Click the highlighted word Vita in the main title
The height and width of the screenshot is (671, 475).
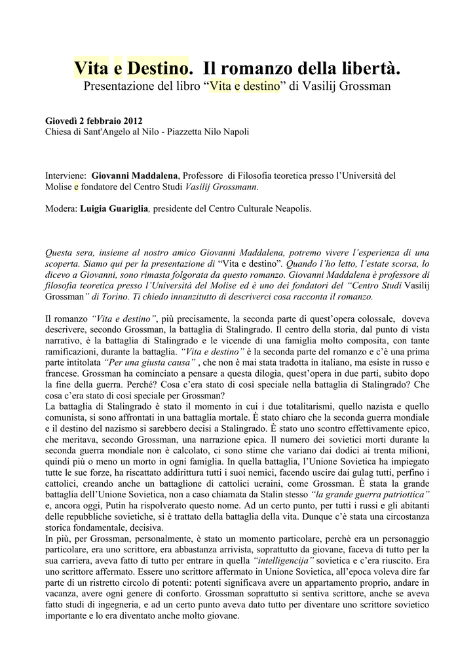(x=91, y=67)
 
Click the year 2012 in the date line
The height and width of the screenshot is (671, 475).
(x=130, y=121)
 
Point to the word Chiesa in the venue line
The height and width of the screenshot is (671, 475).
(x=59, y=132)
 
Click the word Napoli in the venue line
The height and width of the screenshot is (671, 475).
(x=235, y=132)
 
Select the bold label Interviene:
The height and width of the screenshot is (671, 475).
(x=66, y=176)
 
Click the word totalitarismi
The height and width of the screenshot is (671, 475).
(x=317, y=406)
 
